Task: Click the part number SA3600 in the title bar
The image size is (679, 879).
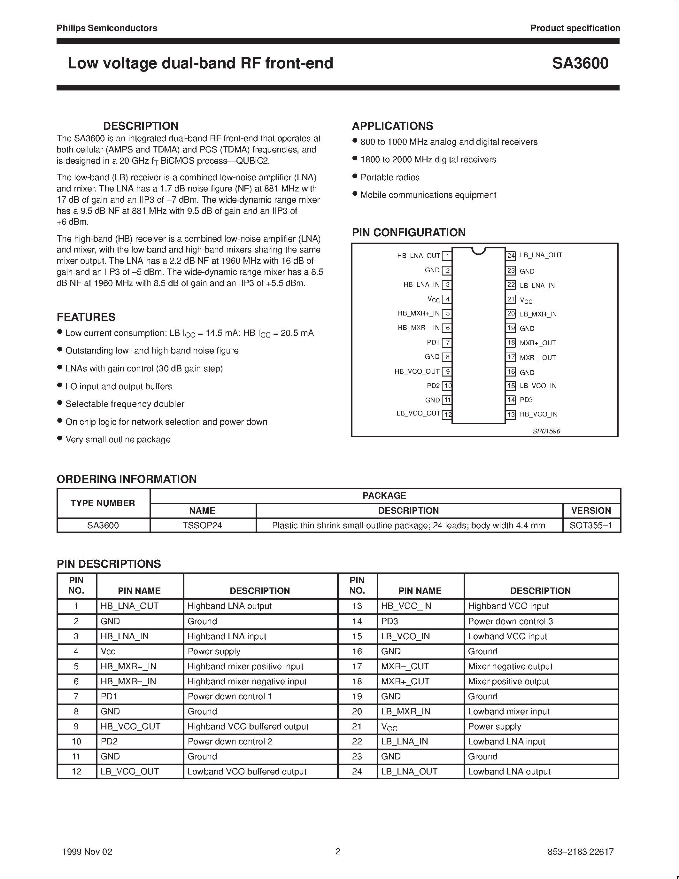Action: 580,64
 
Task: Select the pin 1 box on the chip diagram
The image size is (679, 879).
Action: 447,256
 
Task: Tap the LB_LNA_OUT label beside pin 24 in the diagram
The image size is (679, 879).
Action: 541,255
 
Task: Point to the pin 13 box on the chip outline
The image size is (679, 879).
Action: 511,415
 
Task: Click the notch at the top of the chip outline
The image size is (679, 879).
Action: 478,251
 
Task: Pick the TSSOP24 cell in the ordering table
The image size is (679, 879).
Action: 202,525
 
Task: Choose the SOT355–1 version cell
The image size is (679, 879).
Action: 591,525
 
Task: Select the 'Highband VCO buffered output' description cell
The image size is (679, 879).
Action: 248,727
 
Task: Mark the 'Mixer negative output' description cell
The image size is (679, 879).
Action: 510,666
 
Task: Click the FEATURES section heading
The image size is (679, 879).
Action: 86,317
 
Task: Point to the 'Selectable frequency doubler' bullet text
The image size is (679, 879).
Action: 125,404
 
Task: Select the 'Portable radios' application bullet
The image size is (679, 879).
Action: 390,177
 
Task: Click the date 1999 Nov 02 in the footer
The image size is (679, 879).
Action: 87,852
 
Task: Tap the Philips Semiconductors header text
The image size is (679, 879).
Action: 107,28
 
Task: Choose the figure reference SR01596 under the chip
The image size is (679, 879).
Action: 546,431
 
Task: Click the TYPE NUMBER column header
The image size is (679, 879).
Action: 103,503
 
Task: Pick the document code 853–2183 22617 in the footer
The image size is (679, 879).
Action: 581,852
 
